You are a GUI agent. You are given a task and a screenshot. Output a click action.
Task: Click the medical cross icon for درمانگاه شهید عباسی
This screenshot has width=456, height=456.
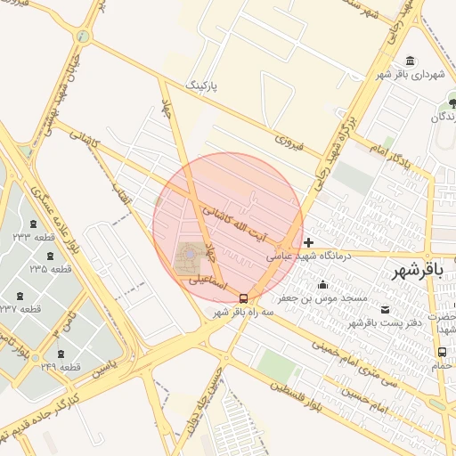tap(308, 242)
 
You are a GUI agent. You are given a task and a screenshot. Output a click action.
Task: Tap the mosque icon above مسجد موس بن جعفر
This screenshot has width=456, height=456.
tap(322, 285)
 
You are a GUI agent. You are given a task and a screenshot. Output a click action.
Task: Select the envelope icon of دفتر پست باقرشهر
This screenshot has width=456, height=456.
tap(385, 309)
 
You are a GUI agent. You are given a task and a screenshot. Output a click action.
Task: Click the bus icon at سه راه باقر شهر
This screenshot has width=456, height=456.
tap(244, 298)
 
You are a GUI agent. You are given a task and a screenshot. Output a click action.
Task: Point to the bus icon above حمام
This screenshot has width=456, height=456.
tap(443, 353)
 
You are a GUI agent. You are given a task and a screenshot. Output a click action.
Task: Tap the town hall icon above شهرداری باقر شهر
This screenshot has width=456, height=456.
tap(409, 61)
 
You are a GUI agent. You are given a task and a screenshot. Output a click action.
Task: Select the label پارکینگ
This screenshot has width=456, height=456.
tap(200, 85)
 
